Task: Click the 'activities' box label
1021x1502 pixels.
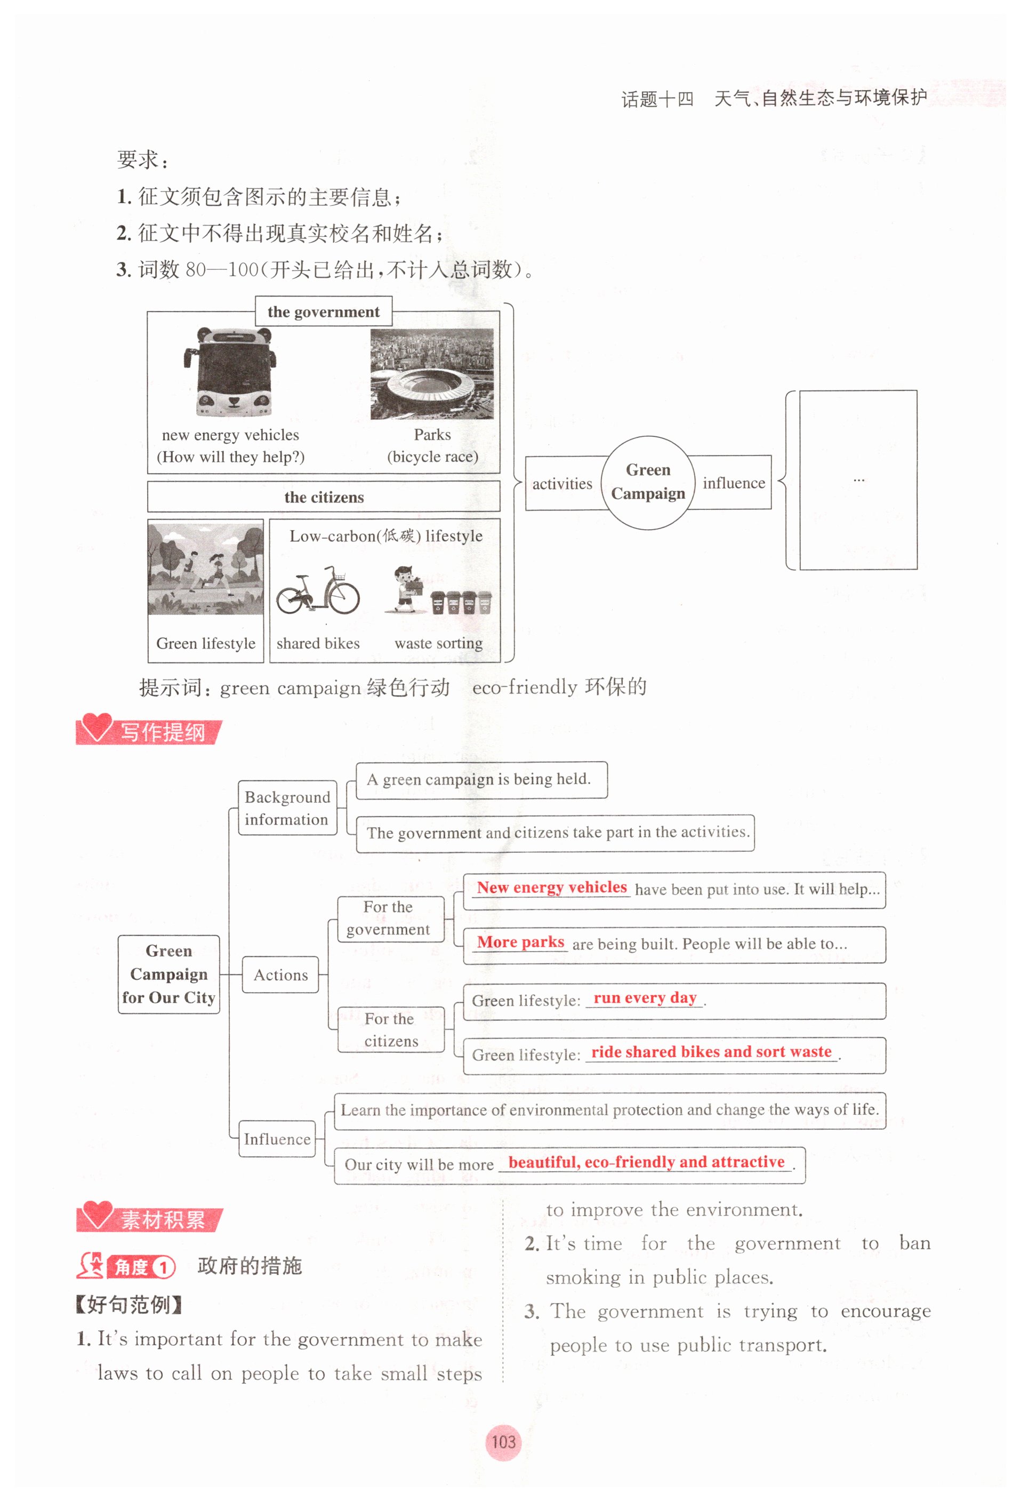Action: click(561, 483)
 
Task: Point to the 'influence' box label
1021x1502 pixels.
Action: click(734, 483)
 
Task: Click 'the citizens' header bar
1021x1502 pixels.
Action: click(323, 497)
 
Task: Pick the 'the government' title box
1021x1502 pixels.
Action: click(323, 311)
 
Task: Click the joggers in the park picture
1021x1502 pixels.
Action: click(205, 569)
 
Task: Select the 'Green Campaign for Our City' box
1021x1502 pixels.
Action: click(168, 973)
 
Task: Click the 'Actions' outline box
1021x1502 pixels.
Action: click(280, 974)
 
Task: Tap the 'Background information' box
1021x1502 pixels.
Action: click(287, 808)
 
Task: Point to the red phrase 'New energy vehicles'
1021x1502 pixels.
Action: click(551, 888)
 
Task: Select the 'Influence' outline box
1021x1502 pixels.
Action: click(277, 1139)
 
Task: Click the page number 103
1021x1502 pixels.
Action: click(503, 1442)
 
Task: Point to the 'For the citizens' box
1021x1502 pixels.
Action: click(390, 1029)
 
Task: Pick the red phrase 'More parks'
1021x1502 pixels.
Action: click(520, 942)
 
